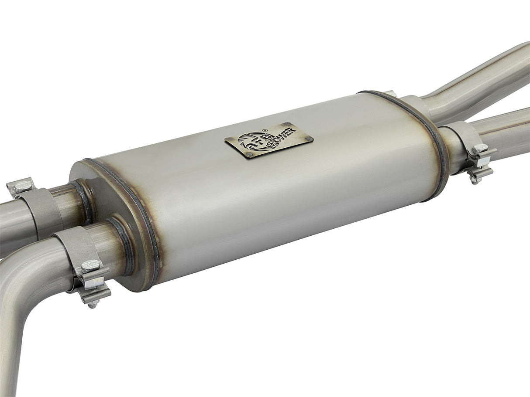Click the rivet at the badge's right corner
click(x=308, y=138)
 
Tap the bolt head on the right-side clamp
click(x=480, y=148)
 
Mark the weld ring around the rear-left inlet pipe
click(x=83, y=200)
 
